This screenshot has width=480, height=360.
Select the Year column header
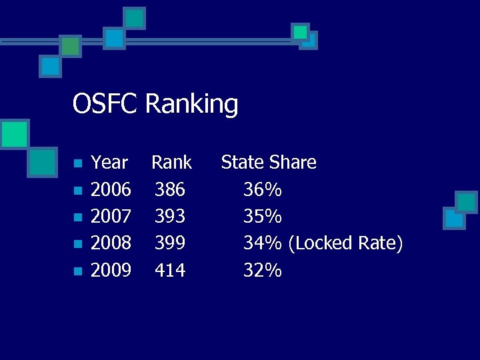coord(109,163)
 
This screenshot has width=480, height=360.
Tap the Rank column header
coord(171,163)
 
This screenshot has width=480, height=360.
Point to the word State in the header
coord(243,163)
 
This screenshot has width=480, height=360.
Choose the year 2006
coord(111,190)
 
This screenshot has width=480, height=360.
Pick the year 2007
coord(111,217)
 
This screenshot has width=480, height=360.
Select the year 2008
coord(111,243)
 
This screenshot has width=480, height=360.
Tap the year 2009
coord(111,270)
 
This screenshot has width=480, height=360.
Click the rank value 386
coord(170,190)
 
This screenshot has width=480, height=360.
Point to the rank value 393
coord(170,217)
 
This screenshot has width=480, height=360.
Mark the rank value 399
coord(170,243)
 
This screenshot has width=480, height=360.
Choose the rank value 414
coord(170,270)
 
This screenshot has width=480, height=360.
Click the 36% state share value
coord(263,190)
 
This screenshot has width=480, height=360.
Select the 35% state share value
coord(263,217)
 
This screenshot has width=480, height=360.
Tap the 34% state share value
coord(263,243)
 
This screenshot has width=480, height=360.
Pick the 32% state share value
coord(263,270)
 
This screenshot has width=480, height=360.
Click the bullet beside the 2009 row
coord(77,271)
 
